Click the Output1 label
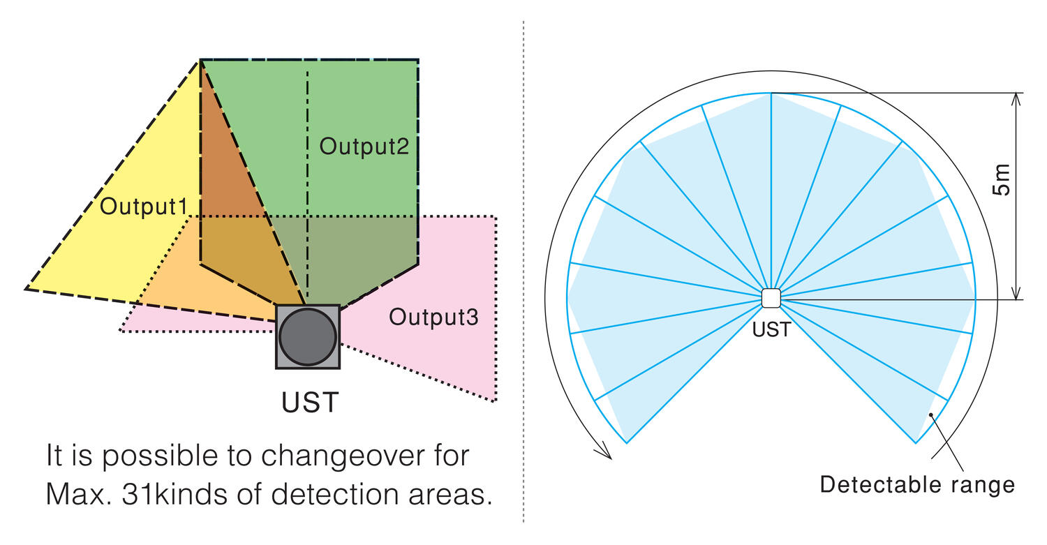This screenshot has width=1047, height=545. click(x=144, y=207)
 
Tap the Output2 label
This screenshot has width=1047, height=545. click(x=364, y=147)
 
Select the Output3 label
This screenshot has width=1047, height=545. click(x=433, y=318)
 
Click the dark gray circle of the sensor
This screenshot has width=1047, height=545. click(x=308, y=336)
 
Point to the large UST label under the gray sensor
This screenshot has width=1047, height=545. click(x=310, y=403)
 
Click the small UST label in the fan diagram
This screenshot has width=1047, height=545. click(x=771, y=329)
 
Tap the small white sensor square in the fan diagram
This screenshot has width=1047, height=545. click(x=771, y=298)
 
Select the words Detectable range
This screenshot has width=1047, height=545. click(x=917, y=484)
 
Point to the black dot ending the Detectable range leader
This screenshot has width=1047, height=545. click(x=930, y=415)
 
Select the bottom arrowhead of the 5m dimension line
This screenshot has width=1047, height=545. click(x=1016, y=294)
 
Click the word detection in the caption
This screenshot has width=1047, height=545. click(x=340, y=494)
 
